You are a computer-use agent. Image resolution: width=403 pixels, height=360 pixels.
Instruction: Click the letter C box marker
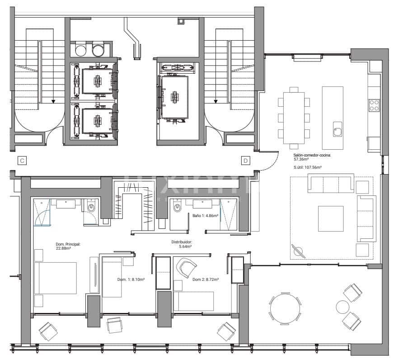tap(21, 160)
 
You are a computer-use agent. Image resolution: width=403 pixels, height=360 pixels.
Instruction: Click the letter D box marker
tap(246, 160)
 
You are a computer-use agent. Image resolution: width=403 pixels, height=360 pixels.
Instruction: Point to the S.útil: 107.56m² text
tap(307, 167)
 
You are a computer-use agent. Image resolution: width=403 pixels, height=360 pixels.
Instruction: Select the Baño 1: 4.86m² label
tap(206, 216)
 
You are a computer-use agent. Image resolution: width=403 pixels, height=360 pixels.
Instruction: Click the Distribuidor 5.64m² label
tap(182, 244)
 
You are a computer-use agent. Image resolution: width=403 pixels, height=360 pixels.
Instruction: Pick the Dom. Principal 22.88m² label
tap(68, 246)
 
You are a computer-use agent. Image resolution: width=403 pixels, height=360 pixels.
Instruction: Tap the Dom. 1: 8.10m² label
tap(131, 280)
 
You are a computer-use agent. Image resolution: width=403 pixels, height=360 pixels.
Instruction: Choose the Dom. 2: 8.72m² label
tap(206, 280)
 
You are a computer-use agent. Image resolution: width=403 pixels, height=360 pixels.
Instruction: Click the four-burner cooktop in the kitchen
tap(375, 105)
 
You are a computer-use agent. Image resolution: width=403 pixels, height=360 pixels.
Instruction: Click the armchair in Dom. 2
tap(187, 268)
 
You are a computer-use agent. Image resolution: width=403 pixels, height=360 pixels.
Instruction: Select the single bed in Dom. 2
tap(193, 301)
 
